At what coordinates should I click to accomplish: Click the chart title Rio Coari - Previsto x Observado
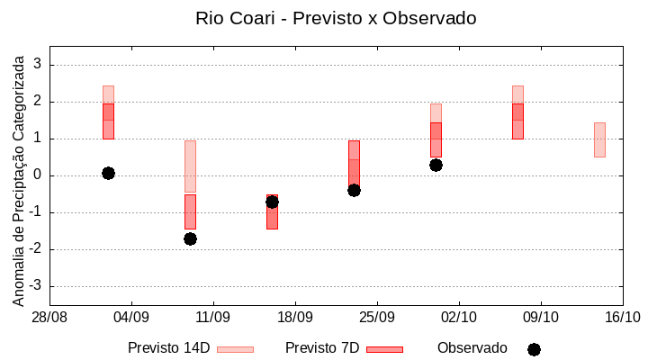tap(336, 18)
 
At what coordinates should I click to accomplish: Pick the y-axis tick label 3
tap(38, 65)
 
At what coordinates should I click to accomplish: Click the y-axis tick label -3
tap(35, 286)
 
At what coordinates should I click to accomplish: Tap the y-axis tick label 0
tap(38, 175)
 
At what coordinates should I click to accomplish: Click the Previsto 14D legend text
tap(168, 348)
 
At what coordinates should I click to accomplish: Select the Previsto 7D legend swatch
tap(384, 349)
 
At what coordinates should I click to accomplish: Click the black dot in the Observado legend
tap(534, 349)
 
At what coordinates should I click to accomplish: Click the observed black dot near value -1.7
tap(190, 238)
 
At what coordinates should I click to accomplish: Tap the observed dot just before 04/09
tap(108, 173)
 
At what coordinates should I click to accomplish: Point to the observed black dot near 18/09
tap(272, 202)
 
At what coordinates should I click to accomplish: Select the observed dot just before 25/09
tap(354, 190)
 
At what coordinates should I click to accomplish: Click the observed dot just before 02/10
tap(436, 165)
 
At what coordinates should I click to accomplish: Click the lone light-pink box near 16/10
tap(599, 139)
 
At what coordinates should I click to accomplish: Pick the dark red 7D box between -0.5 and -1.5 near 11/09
tap(190, 212)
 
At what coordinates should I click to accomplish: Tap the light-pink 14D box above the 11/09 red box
tap(190, 166)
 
